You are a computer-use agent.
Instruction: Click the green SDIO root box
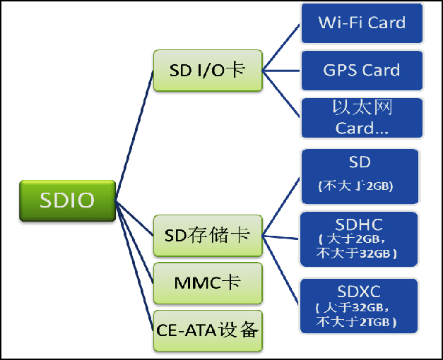(x=67, y=200)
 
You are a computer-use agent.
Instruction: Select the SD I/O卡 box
(x=208, y=71)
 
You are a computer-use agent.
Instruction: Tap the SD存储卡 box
(x=208, y=235)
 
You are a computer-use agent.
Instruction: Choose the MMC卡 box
(x=208, y=283)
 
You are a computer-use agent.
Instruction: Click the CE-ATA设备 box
(x=208, y=330)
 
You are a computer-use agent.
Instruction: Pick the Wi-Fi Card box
(x=362, y=23)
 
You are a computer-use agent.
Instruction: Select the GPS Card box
(x=362, y=71)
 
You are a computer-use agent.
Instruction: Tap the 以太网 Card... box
(x=362, y=118)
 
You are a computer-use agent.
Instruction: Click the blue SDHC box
(x=360, y=239)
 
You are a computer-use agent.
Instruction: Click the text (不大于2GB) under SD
(x=356, y=186)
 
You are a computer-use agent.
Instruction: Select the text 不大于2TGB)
(x=356, y=322)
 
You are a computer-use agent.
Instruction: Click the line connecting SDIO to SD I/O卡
(x=134, y=134)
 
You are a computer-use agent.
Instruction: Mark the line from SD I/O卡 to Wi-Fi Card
(x=281, y=47)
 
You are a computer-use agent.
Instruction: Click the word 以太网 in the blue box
(x=362, y=108)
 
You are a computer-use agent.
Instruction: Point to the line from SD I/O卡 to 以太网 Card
(x=281, y=93)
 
